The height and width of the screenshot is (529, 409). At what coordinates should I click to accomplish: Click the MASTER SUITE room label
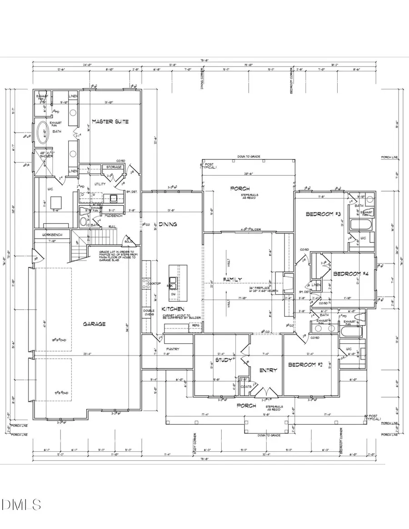(x=110, y=122)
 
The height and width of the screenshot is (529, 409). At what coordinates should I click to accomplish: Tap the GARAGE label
(x=94, y=324)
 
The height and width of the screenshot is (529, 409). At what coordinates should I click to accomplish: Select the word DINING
(x=168, y=224)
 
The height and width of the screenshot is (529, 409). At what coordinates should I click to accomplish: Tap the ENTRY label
(x=268, y=370)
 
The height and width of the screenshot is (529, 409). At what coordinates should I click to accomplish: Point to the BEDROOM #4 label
(x=350, y=274)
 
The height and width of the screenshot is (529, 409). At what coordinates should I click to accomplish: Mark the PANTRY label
(x=173, y=349)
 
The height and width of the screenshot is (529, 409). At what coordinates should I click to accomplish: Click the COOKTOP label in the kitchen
(x=154, y=283)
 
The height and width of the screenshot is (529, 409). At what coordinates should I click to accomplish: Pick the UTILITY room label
(x=100, y=184)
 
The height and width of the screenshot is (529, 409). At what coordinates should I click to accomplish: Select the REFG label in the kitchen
(x=196, y=326)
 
